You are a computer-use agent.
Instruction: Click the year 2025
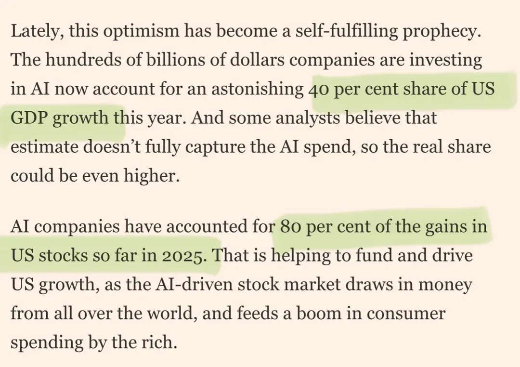(x=185, y=255)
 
